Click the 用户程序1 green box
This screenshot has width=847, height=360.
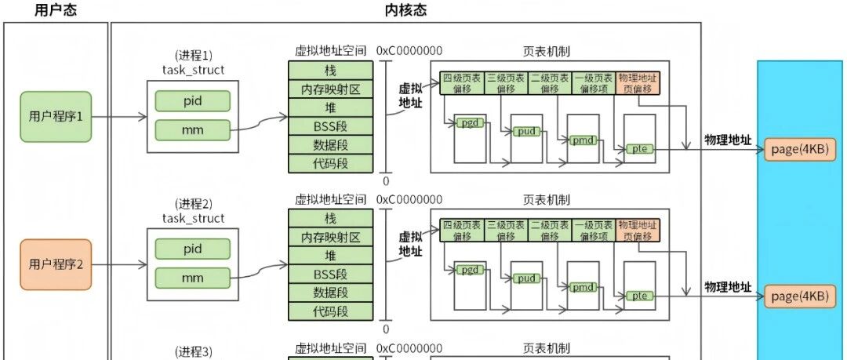[x=56, y=117]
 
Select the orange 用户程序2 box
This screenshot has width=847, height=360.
[x=56, y=265]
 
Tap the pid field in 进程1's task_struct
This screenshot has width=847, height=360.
[x=193, y=101]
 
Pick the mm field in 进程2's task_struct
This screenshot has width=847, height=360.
[x=193, y=278]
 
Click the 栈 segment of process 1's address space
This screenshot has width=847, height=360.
[x=331, y=70]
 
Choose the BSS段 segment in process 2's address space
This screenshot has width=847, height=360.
[x=331, y=274]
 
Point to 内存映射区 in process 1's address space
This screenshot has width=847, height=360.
[x=331, y=89]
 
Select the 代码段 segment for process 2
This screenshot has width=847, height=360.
[x=331, y=311]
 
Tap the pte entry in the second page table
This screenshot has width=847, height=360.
[x=640, y=296]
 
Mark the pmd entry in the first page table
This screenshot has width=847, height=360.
[x=583, y=141]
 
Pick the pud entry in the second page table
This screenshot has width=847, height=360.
[x=526, y=278]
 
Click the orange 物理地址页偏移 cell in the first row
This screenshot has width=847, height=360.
[x=638, y=83]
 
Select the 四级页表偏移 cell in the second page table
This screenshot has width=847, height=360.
[x=462, y=231]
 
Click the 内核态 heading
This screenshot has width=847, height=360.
[x=405, y=10]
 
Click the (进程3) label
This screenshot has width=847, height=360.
[x=194, y=352]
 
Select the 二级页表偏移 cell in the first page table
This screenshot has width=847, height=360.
[x=550, y=83]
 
